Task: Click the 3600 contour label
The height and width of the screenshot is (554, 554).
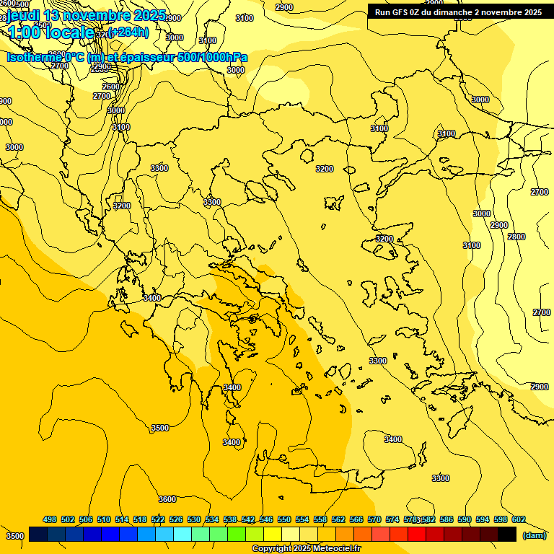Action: [167, 499]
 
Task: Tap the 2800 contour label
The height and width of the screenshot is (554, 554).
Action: [516, 237]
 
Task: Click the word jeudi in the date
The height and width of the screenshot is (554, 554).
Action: [24, 15]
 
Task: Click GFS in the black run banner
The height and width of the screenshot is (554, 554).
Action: [399, 12]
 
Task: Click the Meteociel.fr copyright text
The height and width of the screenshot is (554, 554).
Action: [306, 549]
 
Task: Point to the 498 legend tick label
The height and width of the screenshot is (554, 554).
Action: [50, 519]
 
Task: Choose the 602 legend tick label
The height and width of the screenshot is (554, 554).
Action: [519, 519]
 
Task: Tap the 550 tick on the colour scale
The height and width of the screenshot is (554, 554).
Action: [284, 519]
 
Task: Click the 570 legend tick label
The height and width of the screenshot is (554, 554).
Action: [374, 519]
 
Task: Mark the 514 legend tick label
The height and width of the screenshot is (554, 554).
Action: [122, 519]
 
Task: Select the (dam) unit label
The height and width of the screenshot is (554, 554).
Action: [534, 535]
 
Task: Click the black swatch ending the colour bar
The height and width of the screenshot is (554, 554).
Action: [507, 535]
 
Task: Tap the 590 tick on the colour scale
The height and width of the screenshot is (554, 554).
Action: [465, 519]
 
